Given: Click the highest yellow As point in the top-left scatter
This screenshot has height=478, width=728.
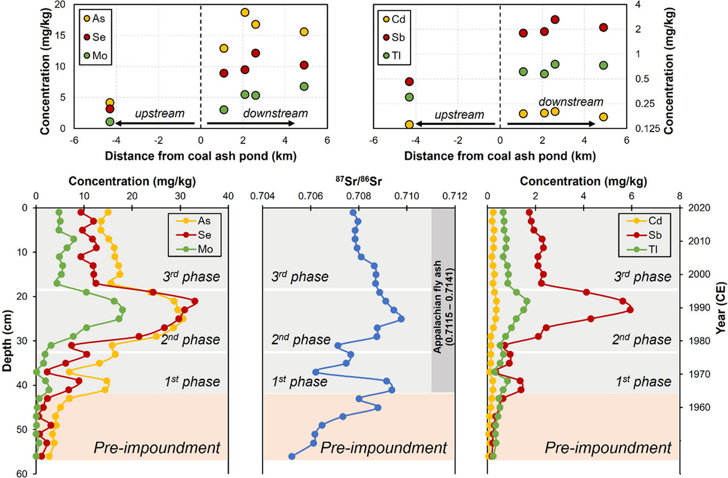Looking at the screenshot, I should (x=245, y=13).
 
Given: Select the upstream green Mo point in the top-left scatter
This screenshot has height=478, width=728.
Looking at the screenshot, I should (x=110, y=122).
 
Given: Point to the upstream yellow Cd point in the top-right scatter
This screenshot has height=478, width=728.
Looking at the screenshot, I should (x=409, y=124).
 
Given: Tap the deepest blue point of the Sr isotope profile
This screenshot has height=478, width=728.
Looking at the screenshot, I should (x=292, y=456).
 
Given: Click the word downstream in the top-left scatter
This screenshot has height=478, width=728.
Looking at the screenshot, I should (x=271, y=113).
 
